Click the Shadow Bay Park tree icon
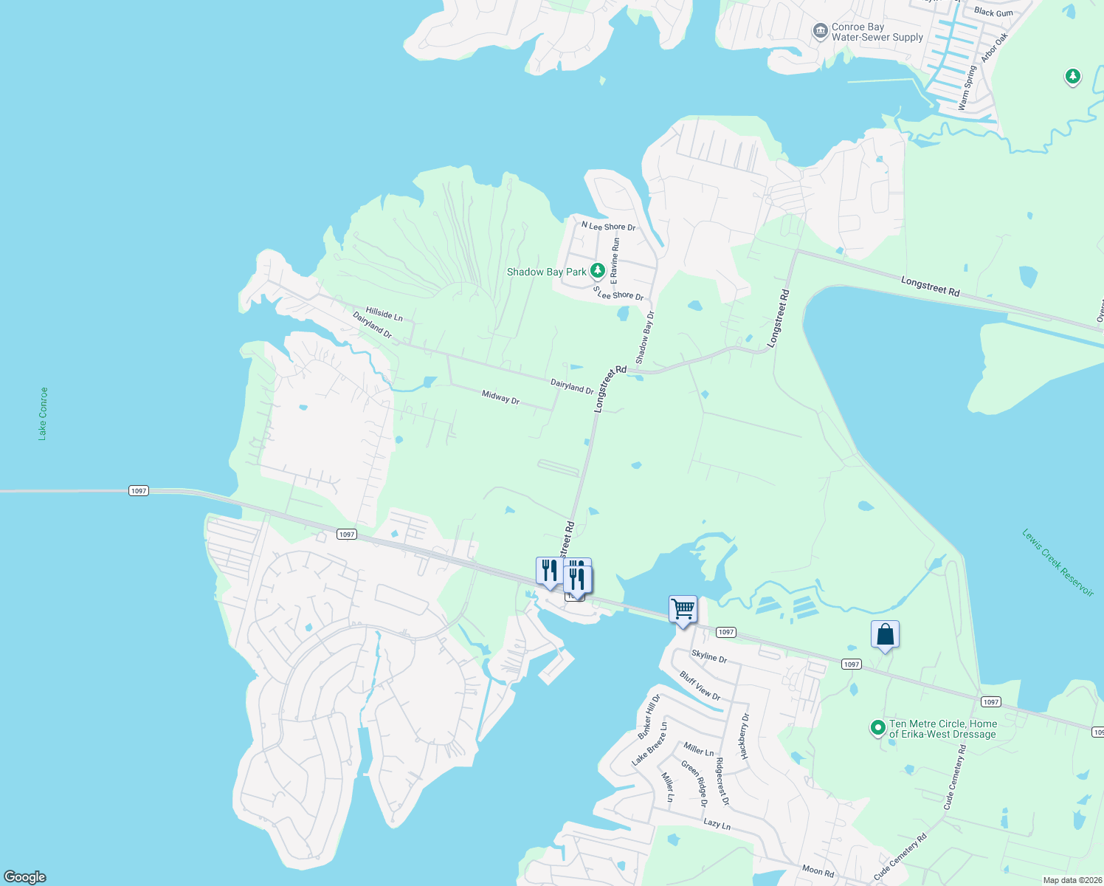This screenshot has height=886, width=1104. (598, 271)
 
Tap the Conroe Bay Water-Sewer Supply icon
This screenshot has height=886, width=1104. (820, 32)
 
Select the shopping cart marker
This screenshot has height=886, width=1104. (683, 610)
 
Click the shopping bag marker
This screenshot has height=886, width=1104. (885, 635)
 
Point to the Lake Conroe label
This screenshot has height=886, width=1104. (43, 413)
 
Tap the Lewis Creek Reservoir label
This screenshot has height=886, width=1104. (1057, 562)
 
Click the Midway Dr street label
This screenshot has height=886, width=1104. (500, 397)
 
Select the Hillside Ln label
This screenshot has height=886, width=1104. (384, 315)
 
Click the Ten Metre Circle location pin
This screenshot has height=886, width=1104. (877, 729)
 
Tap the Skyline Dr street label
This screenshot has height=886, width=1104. (709, 656)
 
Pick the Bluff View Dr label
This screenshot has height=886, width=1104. (700, 686)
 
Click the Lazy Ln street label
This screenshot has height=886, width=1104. (717, 823)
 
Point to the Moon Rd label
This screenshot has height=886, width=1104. (818, 870)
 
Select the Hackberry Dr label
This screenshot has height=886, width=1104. (744, 736)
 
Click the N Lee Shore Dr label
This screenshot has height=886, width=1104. (608, 227)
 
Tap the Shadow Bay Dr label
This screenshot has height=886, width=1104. (645, 337)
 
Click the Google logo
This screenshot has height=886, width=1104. (25, 876)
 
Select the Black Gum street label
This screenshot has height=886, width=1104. (993, 12)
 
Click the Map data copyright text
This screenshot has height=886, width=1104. (1072, 880)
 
